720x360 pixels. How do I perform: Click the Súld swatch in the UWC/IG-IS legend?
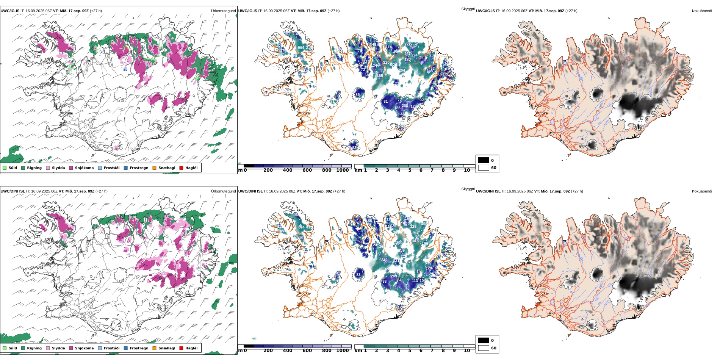point(5,168)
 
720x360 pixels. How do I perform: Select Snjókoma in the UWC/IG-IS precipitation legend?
point(71,168)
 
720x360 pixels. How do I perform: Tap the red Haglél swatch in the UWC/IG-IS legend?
point(181,168)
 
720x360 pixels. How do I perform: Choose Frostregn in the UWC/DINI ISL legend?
point(125,348)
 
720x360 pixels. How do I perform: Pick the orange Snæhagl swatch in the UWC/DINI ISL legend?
point(154,348)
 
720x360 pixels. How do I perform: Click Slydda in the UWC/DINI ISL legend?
point(48,348)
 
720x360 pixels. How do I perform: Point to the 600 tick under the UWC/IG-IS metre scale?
point(307,170)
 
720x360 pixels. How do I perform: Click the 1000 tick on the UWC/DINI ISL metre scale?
point(343,351)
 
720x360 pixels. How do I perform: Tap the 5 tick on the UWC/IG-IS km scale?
point(410,170)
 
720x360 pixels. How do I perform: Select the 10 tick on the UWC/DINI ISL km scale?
point(467,351)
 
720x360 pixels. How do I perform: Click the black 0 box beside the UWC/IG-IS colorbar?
point(484,160)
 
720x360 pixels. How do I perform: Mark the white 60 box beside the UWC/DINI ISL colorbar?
point(484,348)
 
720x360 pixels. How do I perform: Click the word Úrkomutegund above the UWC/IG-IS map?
point(223,11)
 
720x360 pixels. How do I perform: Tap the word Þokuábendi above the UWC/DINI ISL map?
point(702,191)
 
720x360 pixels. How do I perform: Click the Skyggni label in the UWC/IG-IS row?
point(468,9)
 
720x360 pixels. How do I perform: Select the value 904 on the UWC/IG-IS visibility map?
point(301,48)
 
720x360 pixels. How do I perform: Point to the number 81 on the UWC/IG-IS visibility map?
point(386,102)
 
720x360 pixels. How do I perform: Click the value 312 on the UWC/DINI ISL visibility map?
point(384,260)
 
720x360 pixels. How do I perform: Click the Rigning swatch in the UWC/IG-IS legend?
point(23,168)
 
